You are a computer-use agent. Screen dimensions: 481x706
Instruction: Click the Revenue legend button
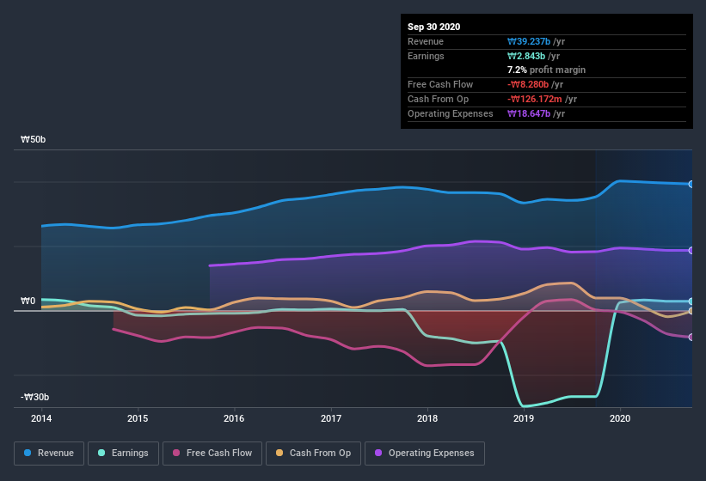tap(49, 453)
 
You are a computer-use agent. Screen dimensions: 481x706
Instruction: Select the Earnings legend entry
tap(123, 453)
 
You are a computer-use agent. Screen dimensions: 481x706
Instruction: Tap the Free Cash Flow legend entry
tap(212, 453)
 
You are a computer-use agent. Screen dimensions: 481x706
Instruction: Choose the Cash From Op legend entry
tap(313, 453)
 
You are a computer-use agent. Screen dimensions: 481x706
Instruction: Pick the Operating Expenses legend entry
tap(424, 453)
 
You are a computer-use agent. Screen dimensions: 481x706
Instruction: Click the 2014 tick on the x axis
tap(41, 418)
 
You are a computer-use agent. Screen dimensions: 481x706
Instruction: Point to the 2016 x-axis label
tap(234, 418)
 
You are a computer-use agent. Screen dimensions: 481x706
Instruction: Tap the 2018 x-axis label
tap(427, 418)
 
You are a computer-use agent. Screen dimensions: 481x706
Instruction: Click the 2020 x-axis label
tap(619, 418)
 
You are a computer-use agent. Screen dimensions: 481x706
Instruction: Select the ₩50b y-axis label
tap(34, 139)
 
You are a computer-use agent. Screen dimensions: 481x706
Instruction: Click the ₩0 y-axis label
tap(28, 301)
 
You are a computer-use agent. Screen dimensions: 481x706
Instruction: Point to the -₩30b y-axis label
tap(34, 397)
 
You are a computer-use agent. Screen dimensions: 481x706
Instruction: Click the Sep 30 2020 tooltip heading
tap(433, 27)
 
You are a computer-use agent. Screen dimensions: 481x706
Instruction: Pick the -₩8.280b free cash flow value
tap(535, 84)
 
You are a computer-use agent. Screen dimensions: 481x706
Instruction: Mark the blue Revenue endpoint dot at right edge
tap(691, 184)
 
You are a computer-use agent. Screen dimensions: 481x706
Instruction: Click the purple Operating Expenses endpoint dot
tap(691, 251)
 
